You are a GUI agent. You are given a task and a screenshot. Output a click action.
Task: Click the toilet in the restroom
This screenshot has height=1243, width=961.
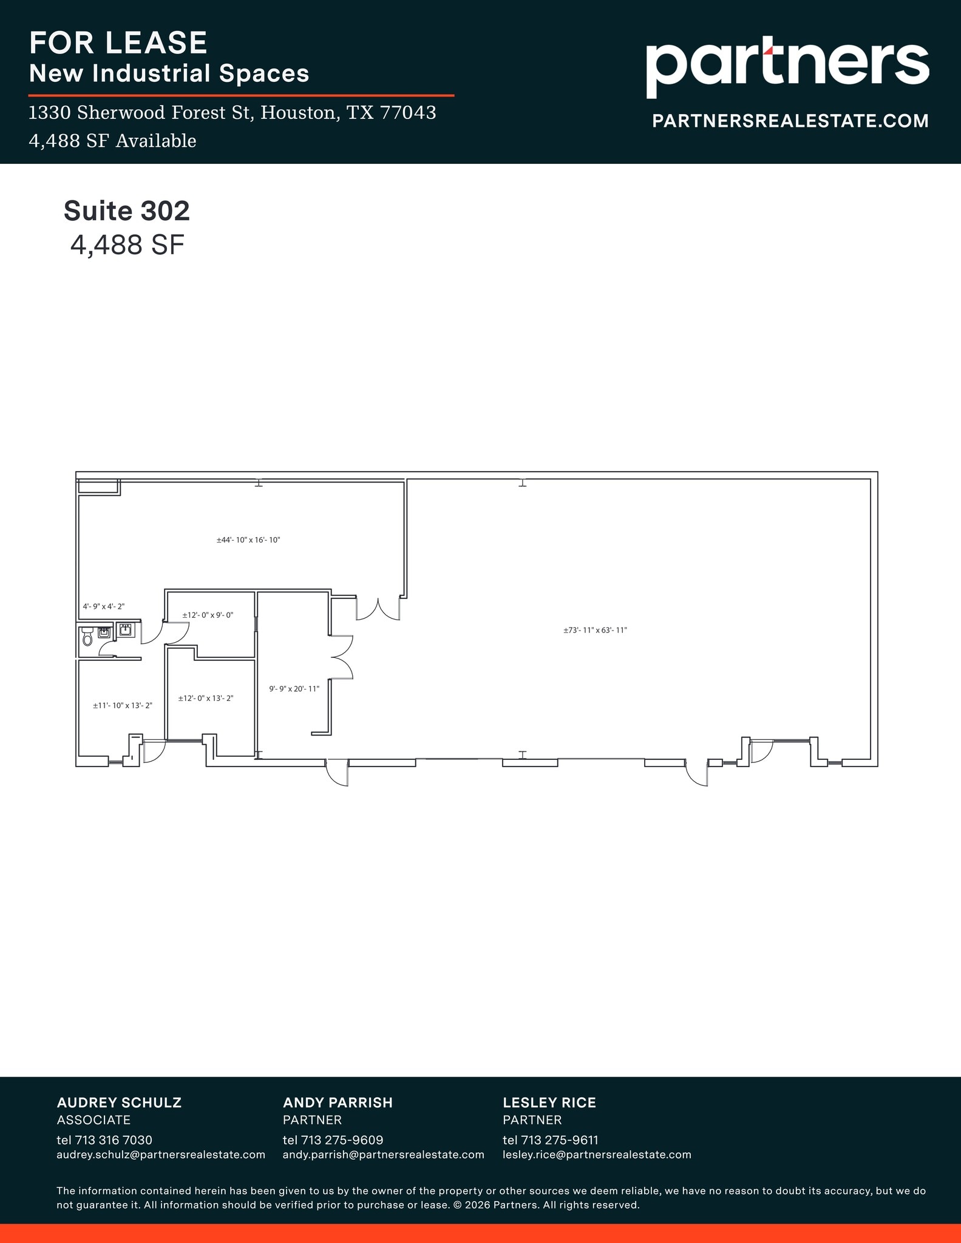click(x=87, y=637)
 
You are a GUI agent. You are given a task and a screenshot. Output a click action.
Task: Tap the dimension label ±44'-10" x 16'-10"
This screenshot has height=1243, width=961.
click(x=248, y=540)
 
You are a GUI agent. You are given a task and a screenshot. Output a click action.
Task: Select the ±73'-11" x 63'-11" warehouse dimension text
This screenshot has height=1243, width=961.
click(x=595, y=630)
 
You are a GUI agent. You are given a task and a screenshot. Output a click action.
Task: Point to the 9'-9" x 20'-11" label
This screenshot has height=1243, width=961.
click(x=294, y=689)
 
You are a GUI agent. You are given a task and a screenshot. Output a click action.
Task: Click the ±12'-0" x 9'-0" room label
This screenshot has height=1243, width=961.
click(x=208, y=615)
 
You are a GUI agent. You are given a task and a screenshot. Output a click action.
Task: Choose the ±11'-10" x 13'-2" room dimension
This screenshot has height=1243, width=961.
click(x=122, y=705)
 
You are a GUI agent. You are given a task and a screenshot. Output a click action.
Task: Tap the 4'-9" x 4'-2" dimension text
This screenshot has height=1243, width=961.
click(x=103, y=606)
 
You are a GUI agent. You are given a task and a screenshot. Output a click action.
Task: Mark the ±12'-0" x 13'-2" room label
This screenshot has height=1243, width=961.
click(x=206, y=698)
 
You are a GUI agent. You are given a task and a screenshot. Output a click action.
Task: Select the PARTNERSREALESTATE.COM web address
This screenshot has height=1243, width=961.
click(x=790, y=121)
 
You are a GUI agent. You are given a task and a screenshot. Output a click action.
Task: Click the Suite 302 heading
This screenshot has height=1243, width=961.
click(x=127, y=211)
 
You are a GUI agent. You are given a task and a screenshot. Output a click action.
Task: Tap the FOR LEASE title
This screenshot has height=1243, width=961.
click(x=118, y=42)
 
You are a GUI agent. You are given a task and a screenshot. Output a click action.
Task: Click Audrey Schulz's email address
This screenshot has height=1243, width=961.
click(x=161, y=1154)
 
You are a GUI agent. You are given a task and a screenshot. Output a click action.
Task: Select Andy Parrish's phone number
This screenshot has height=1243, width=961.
click(x=333, y=1140)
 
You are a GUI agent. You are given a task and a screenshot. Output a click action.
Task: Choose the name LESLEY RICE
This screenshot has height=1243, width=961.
click(x=549, y=1102)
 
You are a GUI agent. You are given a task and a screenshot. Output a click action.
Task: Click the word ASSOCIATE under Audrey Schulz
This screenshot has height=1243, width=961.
click(x=93, y=1120)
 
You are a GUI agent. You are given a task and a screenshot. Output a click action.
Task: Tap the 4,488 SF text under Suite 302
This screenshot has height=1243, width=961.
click(x=127, y=245)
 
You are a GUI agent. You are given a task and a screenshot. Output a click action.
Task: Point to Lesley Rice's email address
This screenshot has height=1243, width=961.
click(x=597, y=1154)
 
